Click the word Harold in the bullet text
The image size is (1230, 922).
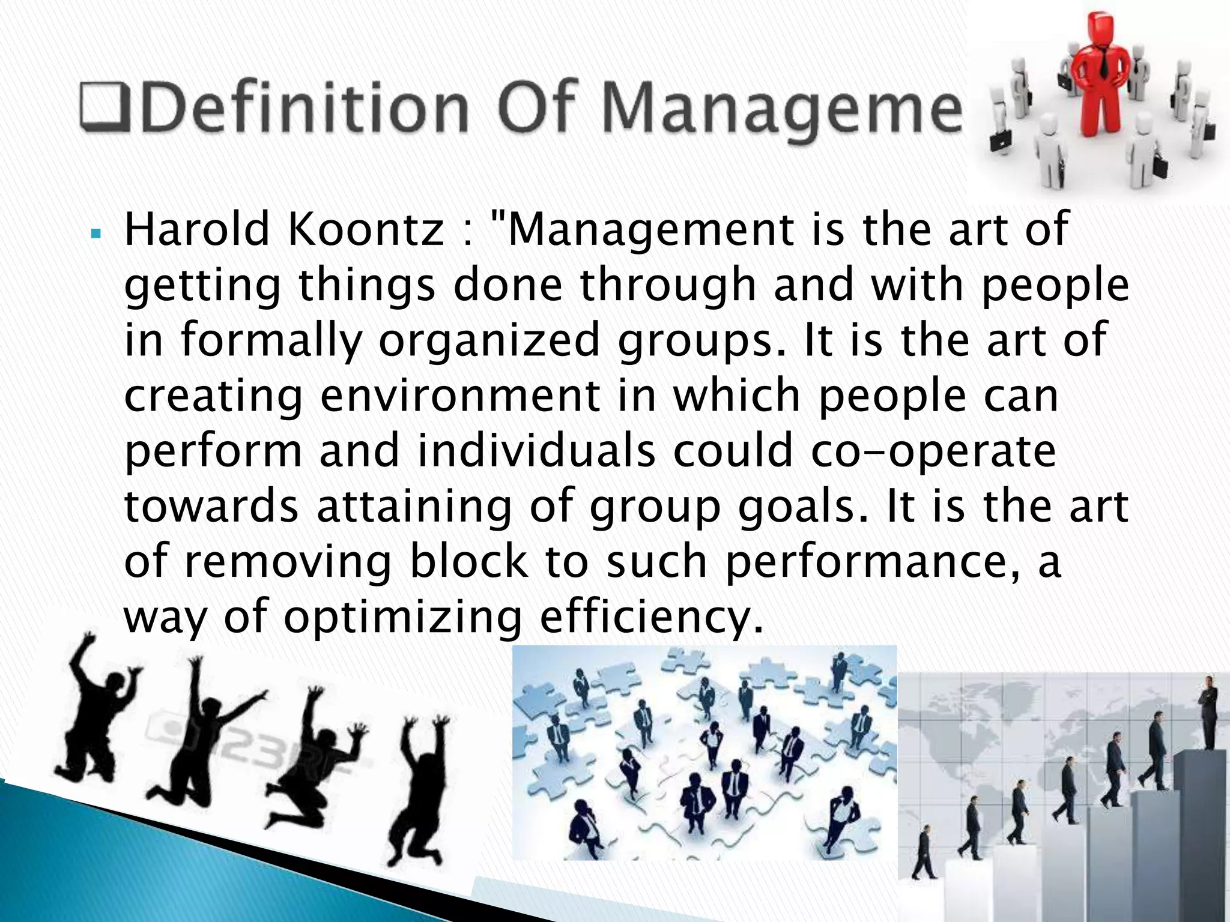click(197, 230)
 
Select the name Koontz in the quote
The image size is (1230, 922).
click(365, 230)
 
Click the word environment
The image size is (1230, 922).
click(460, 396)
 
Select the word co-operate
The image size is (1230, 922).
click(932, 451)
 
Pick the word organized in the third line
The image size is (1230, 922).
click(489, 341)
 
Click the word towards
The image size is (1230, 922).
click(211, 507)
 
